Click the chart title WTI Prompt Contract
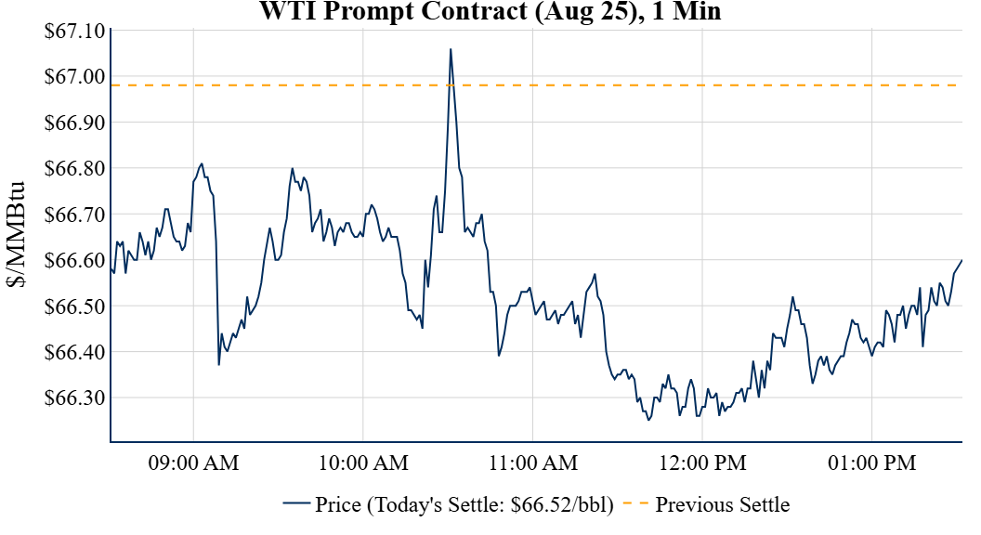click(490, 11)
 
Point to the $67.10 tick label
click(75, 31)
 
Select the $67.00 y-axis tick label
click(75, 76)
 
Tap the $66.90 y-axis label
click(75, 123)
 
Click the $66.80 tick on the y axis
click(75, 168)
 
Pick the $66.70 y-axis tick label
click(75, 215)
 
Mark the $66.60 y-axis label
click(75, 260)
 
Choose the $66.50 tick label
click(75, 307)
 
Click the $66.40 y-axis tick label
click(75, 352)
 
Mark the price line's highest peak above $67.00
click(451, 49)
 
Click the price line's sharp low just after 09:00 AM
click(219, 364)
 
